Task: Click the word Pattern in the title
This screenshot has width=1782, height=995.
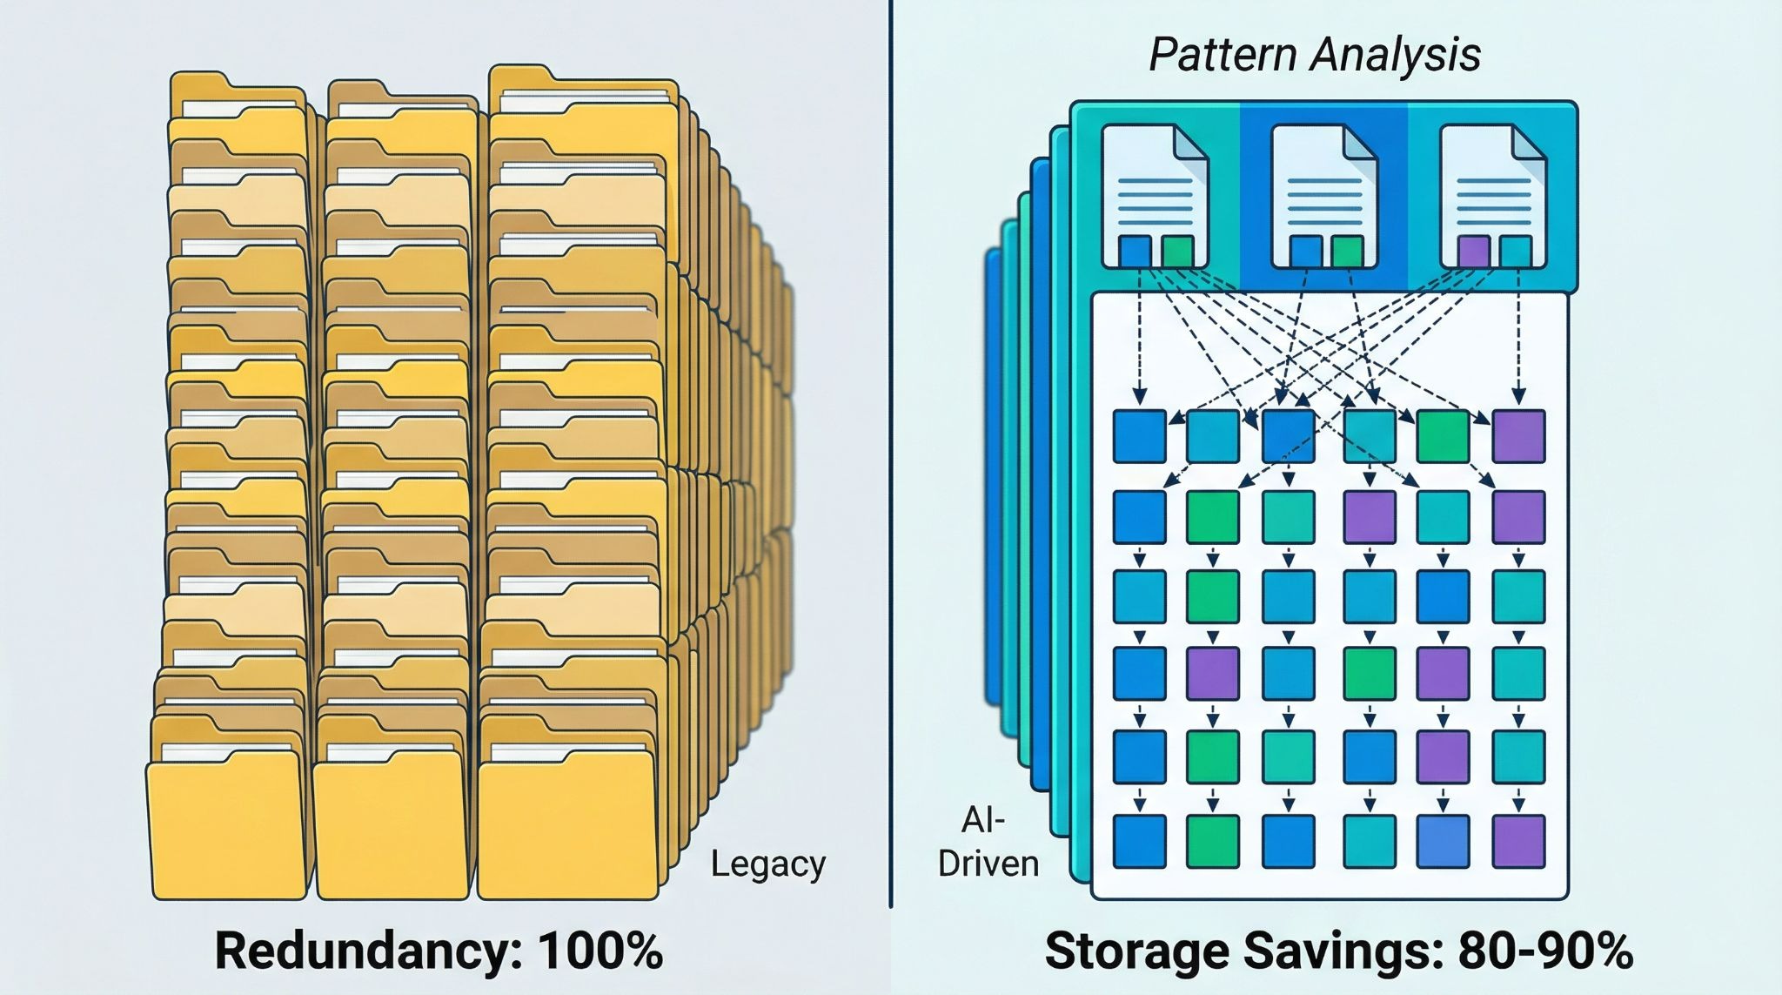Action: [x=1223, y=55]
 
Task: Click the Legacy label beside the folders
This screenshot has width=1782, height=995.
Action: [x=767, y=864]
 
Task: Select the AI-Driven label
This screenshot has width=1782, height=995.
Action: [x=988, y=842]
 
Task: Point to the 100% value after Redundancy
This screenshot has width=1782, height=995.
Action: [x=600, y=950]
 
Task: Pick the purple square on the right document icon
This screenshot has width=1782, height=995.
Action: [x=1473, y=251]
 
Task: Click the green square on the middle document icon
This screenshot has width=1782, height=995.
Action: [x=1347, y=251]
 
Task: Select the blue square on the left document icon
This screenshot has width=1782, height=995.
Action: [x=1135, y=251]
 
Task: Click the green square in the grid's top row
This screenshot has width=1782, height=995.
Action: [x=1443, y=436]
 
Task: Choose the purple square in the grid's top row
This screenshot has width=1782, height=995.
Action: [x=1518, y=436]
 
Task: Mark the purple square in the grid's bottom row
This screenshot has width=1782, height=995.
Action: [x=1518, y=841]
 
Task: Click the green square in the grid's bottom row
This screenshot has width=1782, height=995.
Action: [x=1213, y=841]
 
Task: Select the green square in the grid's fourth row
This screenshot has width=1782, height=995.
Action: [x=1370, y=674]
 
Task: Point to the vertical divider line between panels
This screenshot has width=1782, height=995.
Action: [x=890, y=453]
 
